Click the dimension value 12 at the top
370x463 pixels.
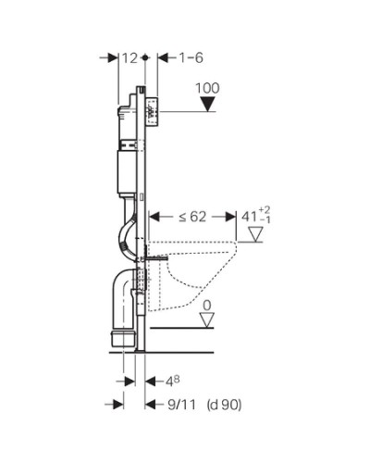pos(129,57)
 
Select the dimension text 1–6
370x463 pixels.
pos(189,57)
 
